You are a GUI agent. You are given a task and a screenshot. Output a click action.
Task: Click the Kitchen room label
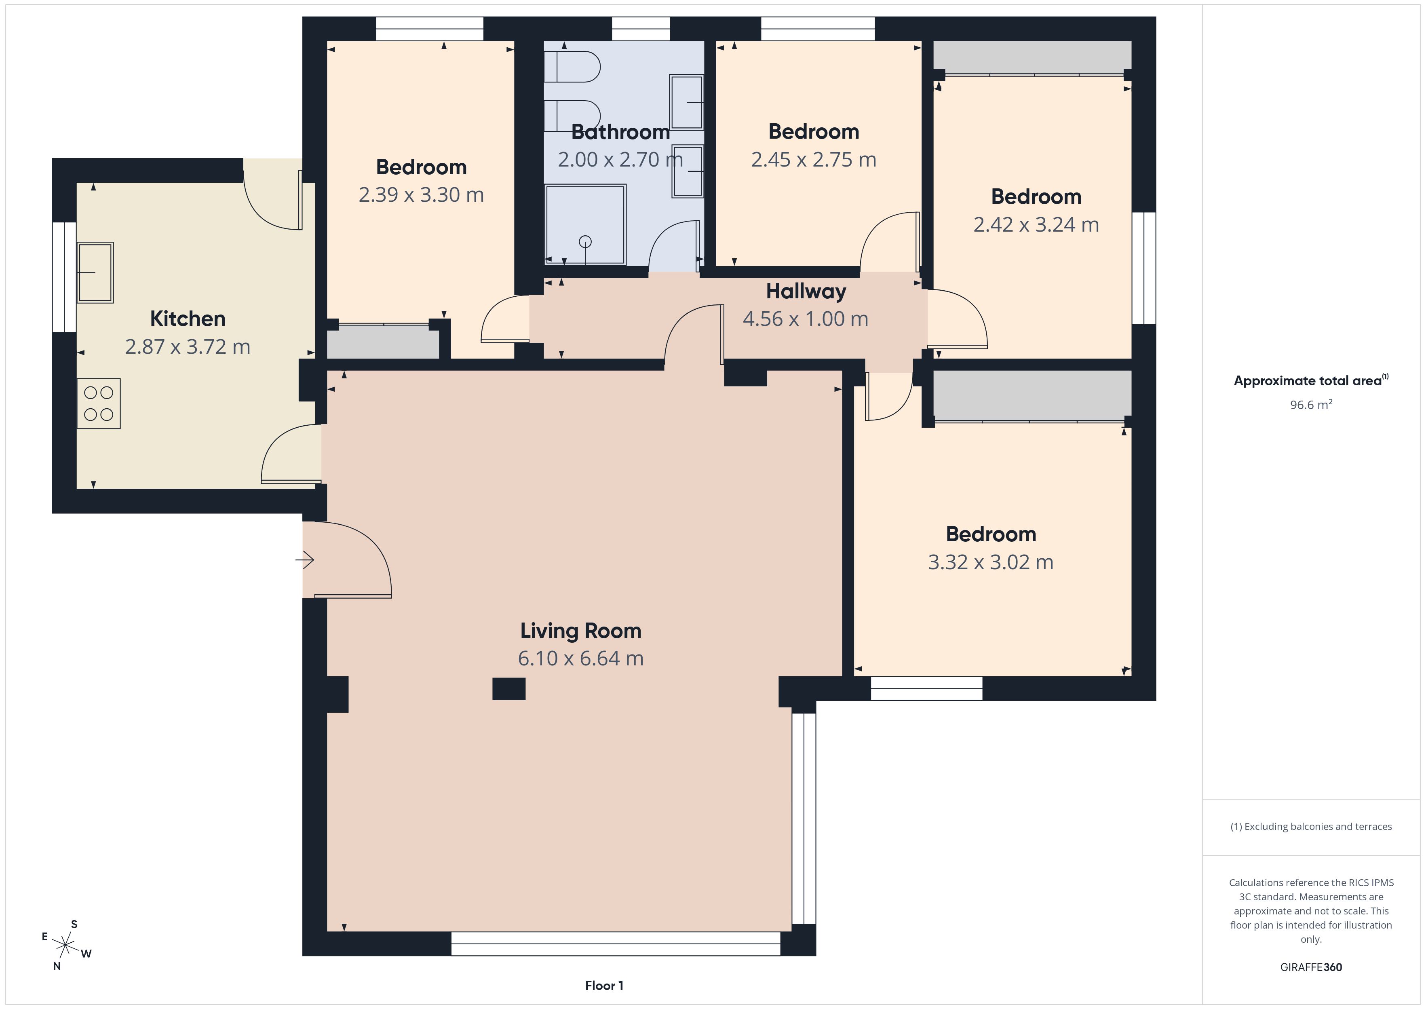pyautogui.click(x=188, y=319)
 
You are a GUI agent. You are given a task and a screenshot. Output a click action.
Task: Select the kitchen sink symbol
pyautogui.click(x=95, y=272)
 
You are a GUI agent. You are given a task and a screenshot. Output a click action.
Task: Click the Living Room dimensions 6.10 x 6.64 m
pyautogui.click(x=581, y=659)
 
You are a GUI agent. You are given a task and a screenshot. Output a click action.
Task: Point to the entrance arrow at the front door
pyautogui.click(x=304, y=560)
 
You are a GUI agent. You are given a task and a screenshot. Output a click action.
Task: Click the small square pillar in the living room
pyautogui.click(x=508, y=689)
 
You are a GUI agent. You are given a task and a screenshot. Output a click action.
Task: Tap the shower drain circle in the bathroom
pyautogui.click(x=585, y=242)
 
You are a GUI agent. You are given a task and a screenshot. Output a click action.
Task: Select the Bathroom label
pyautogui.click(x=620, y=132)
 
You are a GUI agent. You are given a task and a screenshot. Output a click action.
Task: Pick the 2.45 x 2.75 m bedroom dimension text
pyautogui.click(x=814, y=160)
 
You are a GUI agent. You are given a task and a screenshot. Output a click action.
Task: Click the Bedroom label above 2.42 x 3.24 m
pyautogui.click(x=1036, y=197)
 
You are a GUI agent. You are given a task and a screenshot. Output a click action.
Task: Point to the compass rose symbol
pyautogui.click(x=65, y=946)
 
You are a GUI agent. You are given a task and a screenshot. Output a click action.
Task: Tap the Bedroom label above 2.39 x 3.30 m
pyautogui.click(x=421, y=167)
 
